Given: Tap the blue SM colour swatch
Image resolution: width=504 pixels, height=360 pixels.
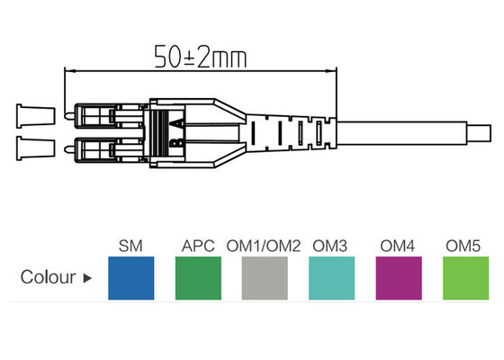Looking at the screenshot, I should tap(131, 276).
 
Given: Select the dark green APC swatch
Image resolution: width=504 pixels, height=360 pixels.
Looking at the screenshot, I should tap(197, 276).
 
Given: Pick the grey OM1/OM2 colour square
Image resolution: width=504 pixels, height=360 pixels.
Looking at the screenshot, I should tap(265, 276).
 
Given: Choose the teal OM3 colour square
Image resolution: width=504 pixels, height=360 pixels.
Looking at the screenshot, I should tap(332, 276).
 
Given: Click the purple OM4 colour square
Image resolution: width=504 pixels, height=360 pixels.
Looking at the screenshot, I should tap(398, 276).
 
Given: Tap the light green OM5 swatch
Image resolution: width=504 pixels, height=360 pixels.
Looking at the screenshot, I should tap(465, 276).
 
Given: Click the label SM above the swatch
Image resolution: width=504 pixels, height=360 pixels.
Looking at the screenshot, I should tap(131, 245).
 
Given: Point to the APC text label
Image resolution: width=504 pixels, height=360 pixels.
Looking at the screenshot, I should tap(197, 245).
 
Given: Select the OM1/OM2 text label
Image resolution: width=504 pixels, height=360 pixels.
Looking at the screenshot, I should tap(265, 245).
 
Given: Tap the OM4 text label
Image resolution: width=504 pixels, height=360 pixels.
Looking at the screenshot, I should tap(398, 245).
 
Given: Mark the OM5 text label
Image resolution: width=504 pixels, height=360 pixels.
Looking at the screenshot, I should tap(465, 245).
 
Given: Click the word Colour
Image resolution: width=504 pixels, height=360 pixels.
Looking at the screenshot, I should tap(48, 277).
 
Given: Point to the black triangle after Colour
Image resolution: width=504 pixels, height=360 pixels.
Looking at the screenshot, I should tap(87, 278).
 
